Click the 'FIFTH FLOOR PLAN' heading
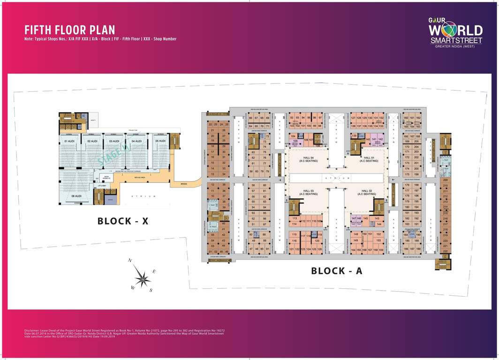pos(69,30)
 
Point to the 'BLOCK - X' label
pos(123,221)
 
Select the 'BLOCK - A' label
pos(337,270)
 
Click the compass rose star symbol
pos(142,278)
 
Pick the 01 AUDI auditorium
pos(69,141)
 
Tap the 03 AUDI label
pos(114,141)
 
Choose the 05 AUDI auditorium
pos(160,141)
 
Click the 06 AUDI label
pos(76,196)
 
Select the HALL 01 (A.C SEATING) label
pos(369,159)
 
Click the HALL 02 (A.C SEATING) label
pos(369,192)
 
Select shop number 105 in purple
pos(295,141)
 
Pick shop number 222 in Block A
pos(445,251)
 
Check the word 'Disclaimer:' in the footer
pos(33,330)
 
